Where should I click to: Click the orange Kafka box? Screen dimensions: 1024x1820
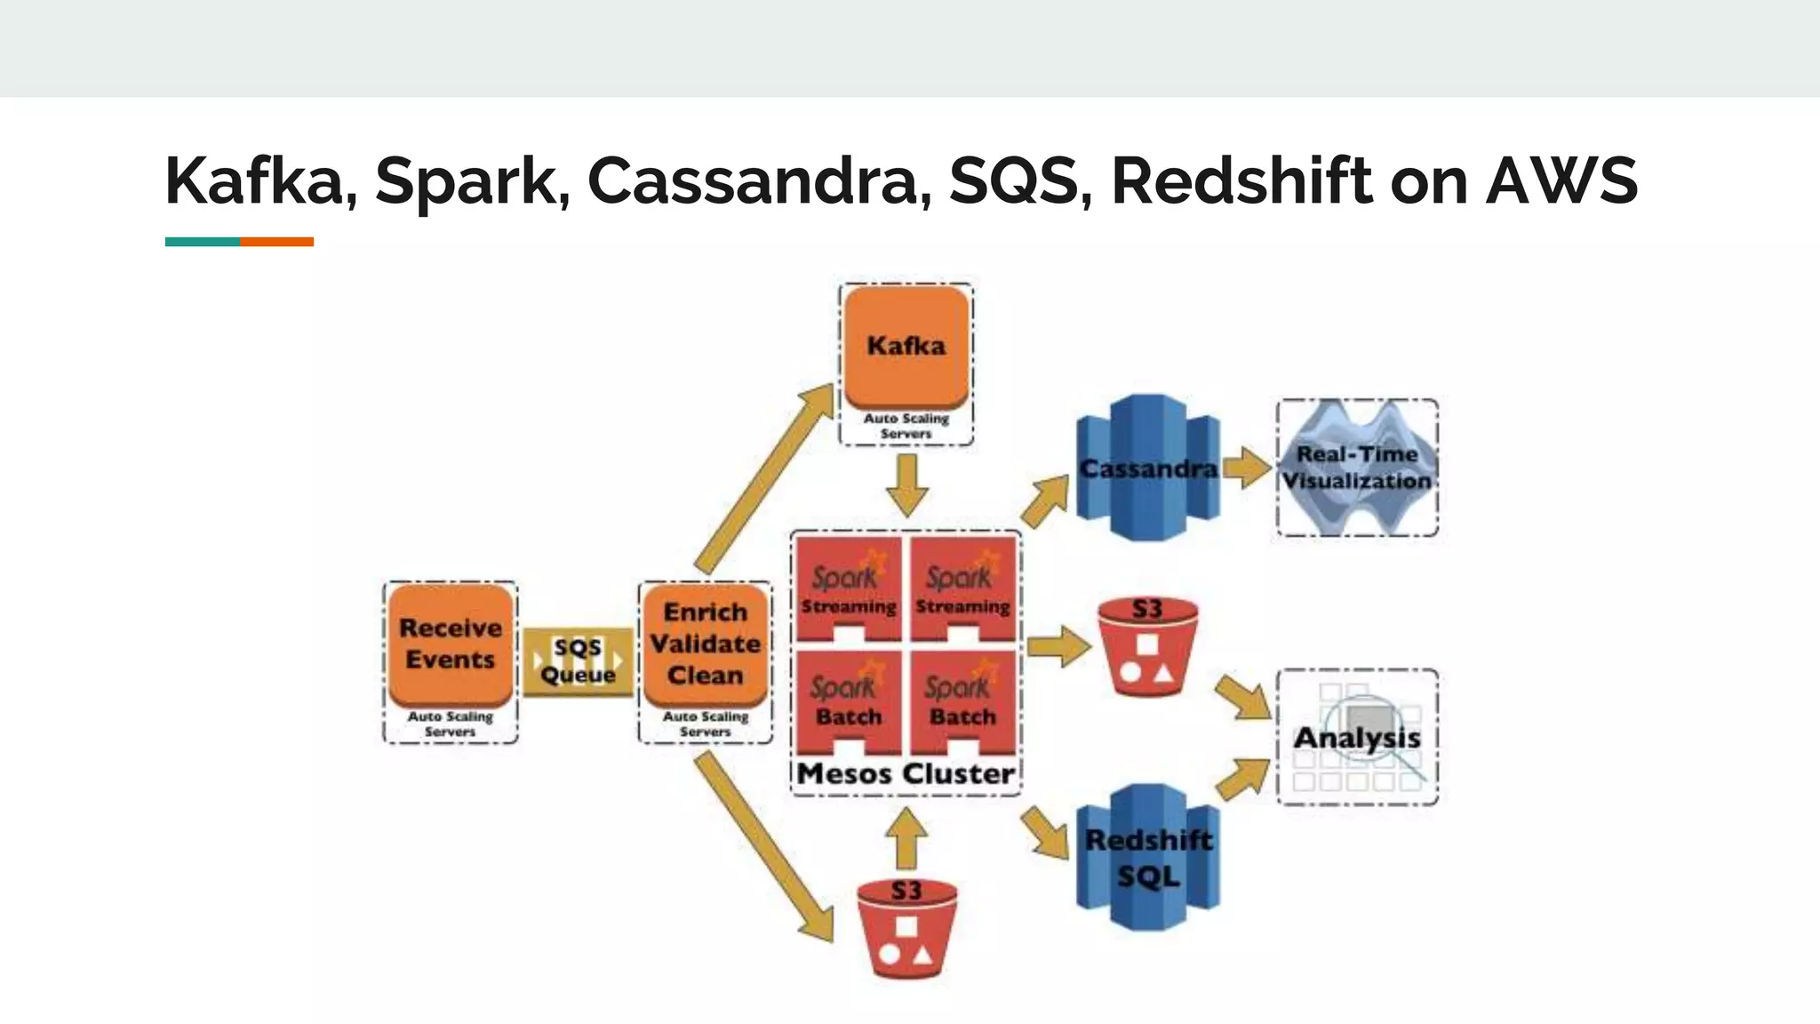(906, 347)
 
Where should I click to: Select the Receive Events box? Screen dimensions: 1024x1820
(451, 644)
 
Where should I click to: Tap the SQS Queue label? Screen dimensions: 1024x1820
(578, 660)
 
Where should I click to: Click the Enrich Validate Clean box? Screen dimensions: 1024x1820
(706, 644)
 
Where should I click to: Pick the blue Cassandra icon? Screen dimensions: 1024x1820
(1147, 468)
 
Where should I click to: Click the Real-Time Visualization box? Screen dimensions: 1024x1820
(1357, 468)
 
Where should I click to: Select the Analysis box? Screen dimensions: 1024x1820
(1357, 737)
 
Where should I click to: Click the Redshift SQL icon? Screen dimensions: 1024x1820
(1147, 858)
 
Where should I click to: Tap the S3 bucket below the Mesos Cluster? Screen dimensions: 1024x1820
(906, 929)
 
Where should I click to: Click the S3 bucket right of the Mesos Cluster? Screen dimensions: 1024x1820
(1147, 647)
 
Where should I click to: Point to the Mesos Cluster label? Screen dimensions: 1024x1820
(906, 773)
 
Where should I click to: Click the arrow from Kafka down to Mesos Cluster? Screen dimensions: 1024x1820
(907, 484)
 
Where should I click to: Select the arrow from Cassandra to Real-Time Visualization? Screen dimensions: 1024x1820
(1247, 468)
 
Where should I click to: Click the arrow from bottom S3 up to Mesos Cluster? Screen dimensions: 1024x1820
(906, 838)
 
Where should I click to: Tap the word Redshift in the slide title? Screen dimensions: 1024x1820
(1241, 180)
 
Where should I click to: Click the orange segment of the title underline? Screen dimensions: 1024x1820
(276, 242)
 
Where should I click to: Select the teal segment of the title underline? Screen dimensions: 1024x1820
(202, 242)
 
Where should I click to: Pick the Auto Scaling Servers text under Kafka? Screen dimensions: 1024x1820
(906, 426)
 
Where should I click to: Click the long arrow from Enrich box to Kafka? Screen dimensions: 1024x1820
(764, 480)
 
